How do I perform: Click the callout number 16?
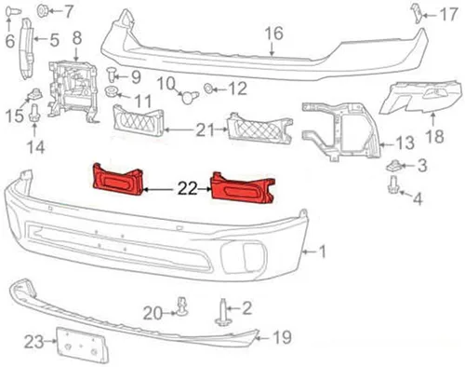(274, 34)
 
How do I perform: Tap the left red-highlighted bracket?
(118, 181)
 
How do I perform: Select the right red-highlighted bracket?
(242, 188)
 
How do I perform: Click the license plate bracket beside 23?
(82, 345)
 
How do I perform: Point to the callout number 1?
(322, 251)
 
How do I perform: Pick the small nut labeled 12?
(208, 88)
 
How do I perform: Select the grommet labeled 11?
(112, 91)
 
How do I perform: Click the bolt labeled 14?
(34, 114)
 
